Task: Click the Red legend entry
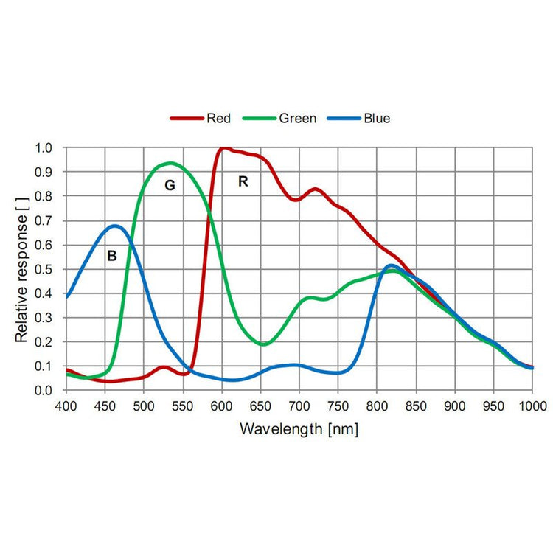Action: [x=218, y=118]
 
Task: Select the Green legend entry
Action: [x=297, y=118]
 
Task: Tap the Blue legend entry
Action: [x=376, y=118]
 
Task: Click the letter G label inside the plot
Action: [x=170, y=185]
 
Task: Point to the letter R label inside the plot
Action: [x=243, y=181]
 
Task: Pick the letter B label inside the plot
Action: [x=112, y=257]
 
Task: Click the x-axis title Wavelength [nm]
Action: [x=299, y=429]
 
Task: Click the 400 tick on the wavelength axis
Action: [x=66, y=406]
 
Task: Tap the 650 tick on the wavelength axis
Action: [x=260, y=406]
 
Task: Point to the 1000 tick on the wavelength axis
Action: [x=532, y=406]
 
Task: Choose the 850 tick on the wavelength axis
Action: [x=416, y=406]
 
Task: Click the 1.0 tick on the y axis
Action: [x=45, y=147]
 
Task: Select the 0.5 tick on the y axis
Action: [x=45, y=269]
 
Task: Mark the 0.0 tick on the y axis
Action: [x=45, y=390]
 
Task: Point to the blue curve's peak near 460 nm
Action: [x=116, y=226]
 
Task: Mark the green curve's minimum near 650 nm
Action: [x=264, y=344]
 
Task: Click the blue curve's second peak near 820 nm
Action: [x=391, y=265]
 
